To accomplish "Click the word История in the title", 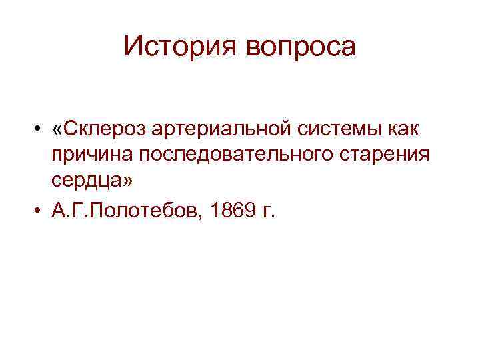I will (x=175, y=47).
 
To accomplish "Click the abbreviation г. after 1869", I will (x=268, y=212).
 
